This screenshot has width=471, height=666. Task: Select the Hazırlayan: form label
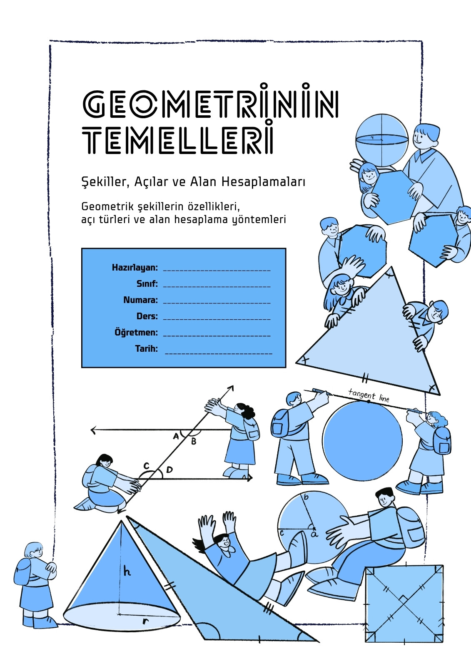pyautogui.click(x=135, y=268)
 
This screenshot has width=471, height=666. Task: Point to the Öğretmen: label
pyautogui.click(x=136, y=332)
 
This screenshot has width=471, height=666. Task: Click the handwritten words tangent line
pyautogui.click(x=369, y=395)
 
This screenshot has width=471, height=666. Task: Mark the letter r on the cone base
pyautogui.click(x=145, y=621)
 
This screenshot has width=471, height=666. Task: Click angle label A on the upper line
pyautogui.click(x=176, y=436)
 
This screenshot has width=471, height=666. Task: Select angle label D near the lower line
pyautogui.click(x=169, y=470)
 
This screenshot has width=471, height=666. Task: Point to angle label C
pyautogui.click(x=146, y=465)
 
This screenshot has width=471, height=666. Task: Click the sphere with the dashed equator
pyautogui.click(x=382, y=140)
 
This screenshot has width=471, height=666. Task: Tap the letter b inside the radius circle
pyautogui.click(x=306, y=497)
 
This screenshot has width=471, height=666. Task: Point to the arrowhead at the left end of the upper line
pyautogui.click(x=93, y=430)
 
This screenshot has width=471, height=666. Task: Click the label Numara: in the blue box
pyautogui.click(x=140, y=300)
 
